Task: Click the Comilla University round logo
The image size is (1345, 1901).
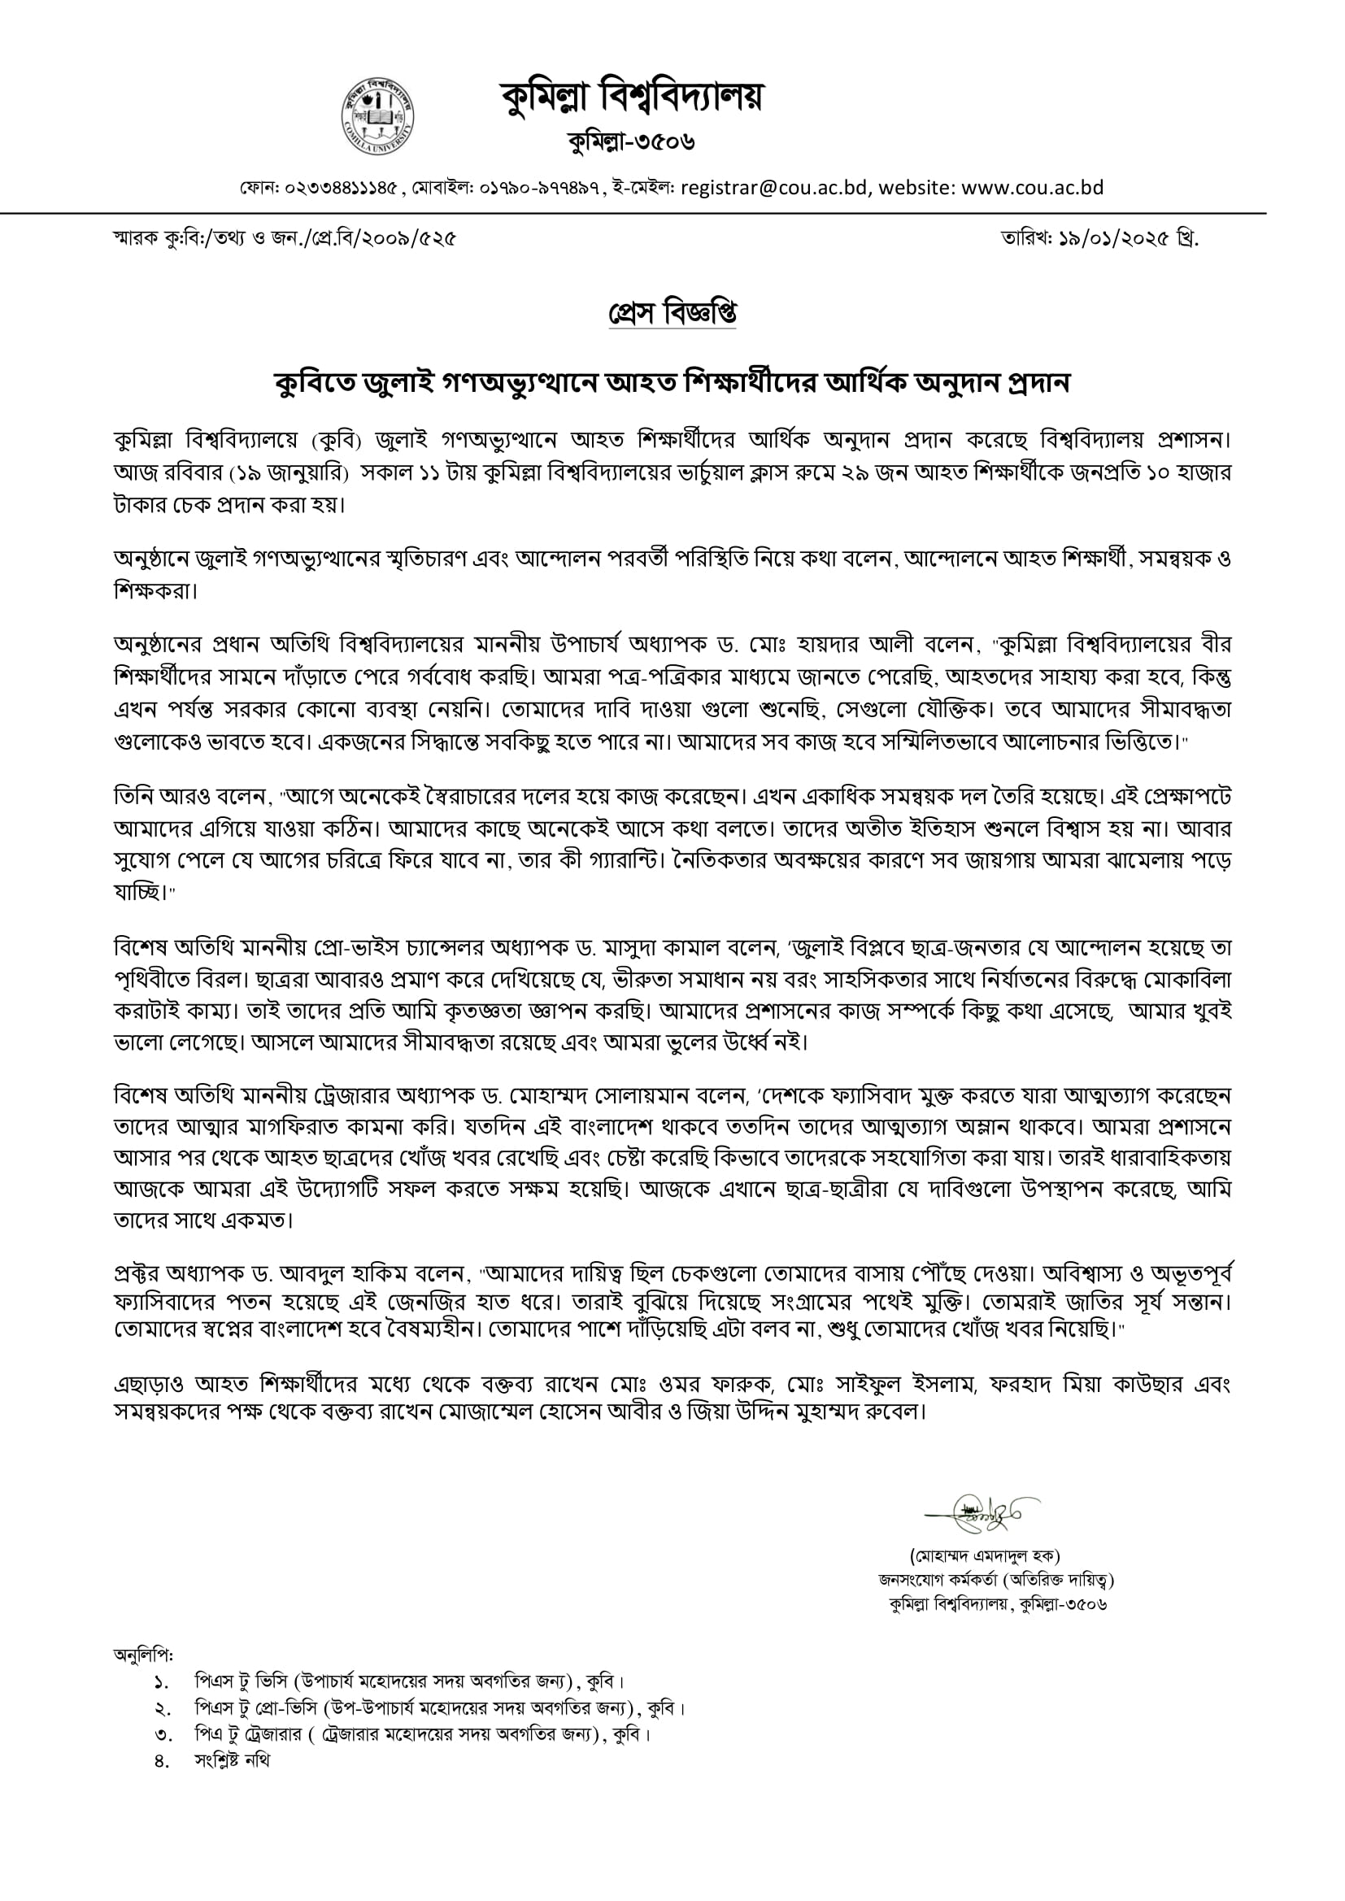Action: [x=377, y=118]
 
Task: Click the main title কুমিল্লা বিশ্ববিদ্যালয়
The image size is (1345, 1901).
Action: [x=631, y=98]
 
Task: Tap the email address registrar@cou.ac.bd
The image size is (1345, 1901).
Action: [x=774, y=188]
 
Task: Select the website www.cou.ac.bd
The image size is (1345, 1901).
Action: [x=1033, y=188]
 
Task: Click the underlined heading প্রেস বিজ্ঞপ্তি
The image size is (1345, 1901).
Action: [x=672, y=314]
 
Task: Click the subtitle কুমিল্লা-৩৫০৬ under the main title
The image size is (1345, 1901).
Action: [x=631, y=142]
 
